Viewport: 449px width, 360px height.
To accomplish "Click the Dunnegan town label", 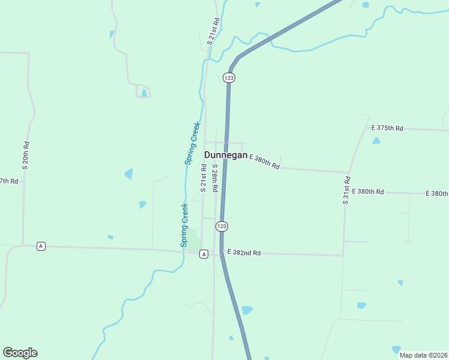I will tap(226, 155).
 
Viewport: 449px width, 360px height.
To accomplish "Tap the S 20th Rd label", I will tap(26, 154).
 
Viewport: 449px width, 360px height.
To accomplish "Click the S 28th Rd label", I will tap(214, 178).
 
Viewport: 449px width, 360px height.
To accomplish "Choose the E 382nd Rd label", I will tap(243, 253).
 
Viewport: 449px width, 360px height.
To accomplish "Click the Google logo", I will tap(20, 353).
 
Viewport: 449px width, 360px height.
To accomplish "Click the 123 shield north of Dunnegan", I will tap(228, 77).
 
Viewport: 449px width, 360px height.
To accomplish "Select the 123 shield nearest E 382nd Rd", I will tap(221, 226).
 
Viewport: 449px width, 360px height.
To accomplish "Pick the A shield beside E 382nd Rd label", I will tap(204, 254).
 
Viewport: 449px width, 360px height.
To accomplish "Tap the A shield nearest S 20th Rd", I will tap(41, 246).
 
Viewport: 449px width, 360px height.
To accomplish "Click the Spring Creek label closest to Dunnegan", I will tap(191, 143).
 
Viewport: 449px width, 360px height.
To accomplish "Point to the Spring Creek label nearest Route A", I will tap(185, 225).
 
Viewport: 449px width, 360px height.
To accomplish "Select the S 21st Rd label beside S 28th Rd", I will tap(203, 178).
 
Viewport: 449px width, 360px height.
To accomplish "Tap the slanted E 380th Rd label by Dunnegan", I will tap(264, 161).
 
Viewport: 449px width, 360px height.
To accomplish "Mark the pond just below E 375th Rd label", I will tap(376, 140).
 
